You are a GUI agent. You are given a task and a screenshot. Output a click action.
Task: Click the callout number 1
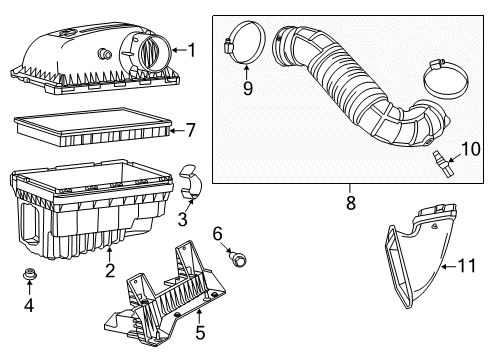pyautogui.click(x=191, y=48)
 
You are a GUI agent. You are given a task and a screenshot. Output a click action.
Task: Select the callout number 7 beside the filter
pyautogui.click(x=191, y=129)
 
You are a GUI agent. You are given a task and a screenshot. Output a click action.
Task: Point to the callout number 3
pyautogui.click(x=28, y=303)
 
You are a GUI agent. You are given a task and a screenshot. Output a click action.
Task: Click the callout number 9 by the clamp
pyautogui.click(x=248, y=89)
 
